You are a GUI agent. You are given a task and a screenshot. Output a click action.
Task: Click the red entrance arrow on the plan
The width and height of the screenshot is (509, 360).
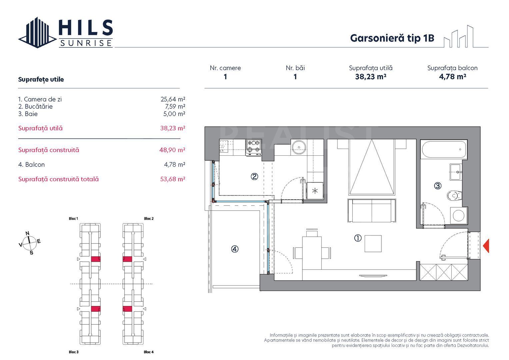[486, 246]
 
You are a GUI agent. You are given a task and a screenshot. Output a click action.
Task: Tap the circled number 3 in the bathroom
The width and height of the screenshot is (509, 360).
[438, 186]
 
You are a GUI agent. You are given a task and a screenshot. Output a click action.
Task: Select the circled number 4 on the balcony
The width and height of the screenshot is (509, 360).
[235, 249]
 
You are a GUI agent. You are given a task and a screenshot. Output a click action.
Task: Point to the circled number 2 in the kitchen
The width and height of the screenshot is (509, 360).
[254, 177]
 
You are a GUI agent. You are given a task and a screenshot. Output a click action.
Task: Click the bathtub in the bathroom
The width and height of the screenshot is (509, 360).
[444, 149]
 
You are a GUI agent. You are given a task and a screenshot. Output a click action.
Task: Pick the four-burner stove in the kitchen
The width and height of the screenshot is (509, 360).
[254, 147]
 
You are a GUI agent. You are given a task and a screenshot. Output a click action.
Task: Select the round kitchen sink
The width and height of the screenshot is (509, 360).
[299, 147]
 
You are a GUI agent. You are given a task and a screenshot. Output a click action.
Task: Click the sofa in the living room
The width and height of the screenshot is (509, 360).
[372, 210]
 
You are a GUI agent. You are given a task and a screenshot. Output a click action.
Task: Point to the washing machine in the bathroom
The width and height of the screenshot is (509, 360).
[459, 215]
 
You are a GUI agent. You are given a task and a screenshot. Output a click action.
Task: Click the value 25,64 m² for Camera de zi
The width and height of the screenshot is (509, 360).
[173, 99]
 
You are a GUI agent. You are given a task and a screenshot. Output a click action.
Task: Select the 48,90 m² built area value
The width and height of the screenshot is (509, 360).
[172, 150]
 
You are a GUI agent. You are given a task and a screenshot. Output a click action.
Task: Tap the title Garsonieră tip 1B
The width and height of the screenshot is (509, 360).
[392, 38]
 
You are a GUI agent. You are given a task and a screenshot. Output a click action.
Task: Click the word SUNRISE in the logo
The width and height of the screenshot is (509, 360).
[86, 43]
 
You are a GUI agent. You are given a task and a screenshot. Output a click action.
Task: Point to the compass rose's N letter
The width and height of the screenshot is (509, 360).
[27, 233]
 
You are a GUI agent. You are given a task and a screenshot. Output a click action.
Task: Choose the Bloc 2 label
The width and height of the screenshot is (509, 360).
[149, 219]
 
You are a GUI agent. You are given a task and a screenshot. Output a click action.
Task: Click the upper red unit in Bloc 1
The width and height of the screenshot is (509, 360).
[96, 259]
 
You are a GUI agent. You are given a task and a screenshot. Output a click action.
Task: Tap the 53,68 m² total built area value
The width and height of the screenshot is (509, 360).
[173, 179]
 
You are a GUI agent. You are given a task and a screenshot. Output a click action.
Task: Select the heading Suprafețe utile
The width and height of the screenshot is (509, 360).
[41, 79]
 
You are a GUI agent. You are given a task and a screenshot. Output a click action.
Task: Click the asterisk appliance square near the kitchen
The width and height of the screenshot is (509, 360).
[315, 191]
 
